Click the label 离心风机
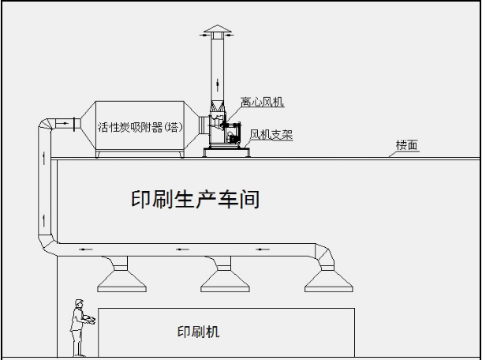262,102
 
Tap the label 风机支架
271,135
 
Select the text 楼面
407,145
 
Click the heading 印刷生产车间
195,199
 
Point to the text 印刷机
198,332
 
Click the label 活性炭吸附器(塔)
142,126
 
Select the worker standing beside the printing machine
79,327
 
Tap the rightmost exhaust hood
325,276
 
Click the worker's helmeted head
79,303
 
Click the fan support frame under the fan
224,150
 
